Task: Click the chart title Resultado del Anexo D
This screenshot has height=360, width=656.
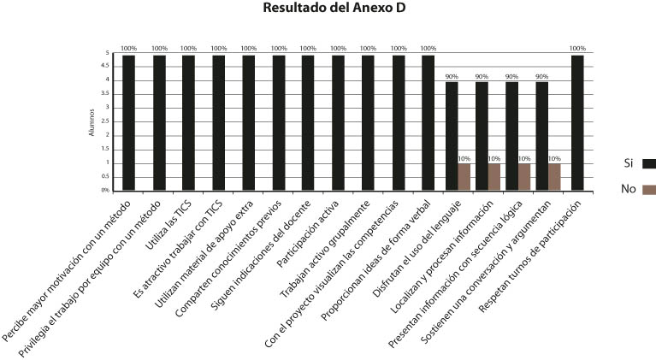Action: (334, 8)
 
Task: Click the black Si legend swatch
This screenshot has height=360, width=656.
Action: (649, 163)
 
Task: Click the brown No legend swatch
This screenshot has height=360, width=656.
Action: (649, 190)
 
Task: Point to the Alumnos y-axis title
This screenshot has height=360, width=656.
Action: (92, 122)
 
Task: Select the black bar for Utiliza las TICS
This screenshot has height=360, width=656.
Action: (188, 123)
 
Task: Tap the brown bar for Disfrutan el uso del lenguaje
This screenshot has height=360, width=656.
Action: (464, 177)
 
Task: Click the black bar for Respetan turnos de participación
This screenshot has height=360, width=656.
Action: (577, 123)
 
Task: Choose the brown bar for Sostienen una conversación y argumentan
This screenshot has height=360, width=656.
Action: (554, 177)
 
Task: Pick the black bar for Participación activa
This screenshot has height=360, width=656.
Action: (338, 123)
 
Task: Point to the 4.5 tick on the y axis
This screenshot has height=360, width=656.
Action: (104, 66)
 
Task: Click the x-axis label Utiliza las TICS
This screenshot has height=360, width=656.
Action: (168, 225)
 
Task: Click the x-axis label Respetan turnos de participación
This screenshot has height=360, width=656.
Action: (530, 257)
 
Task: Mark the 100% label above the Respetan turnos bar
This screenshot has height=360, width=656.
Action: (577, 49)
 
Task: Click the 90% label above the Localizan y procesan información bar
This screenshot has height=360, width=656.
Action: (482, 76)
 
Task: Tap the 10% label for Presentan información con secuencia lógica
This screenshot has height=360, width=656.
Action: (524, 159)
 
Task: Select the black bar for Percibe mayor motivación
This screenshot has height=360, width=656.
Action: (129, 123)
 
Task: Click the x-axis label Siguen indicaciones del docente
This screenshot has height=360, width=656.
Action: (261, 256)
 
